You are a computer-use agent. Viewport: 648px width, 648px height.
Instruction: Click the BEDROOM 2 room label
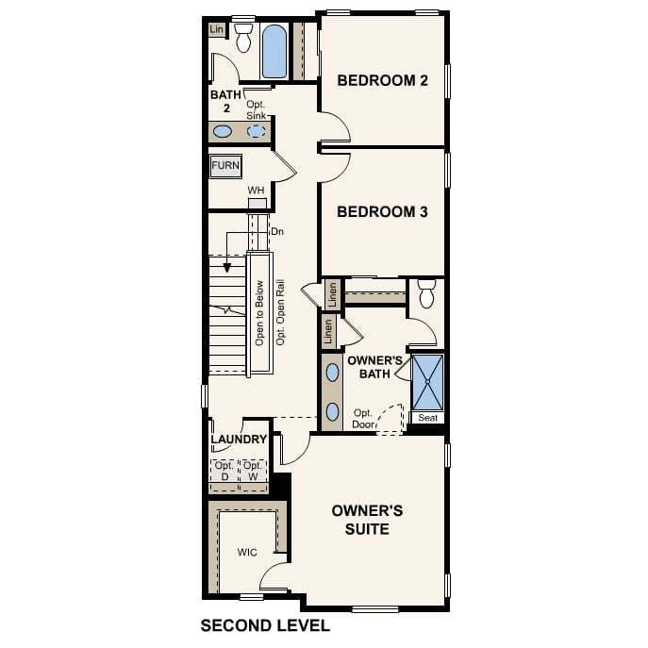coord(383,81)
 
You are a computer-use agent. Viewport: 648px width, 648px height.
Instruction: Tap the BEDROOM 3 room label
coord(383,212)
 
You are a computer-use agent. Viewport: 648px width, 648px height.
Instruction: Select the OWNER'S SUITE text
coord(367,520)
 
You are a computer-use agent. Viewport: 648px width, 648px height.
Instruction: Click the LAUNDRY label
coord(239,440)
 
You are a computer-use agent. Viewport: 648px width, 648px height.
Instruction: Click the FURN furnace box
coord(225,166)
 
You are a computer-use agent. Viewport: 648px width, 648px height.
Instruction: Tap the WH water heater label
coord(256,191)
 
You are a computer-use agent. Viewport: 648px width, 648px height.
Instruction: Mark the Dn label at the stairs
coord(276,231)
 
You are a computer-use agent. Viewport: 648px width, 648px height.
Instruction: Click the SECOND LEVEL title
coord(265,625)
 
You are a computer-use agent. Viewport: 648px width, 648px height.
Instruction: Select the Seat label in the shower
coord(427,418)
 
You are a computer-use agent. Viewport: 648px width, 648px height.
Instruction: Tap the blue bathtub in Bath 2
coord(274,52)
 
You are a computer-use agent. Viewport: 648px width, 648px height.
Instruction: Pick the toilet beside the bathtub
coord(243,39)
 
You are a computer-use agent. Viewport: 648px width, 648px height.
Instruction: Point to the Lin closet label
coord(217,30)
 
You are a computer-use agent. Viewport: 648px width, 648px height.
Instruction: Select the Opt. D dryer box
coord(224,472)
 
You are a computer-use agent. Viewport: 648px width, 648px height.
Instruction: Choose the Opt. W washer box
coord(253,472)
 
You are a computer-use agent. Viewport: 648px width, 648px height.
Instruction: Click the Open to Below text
coord(259,314)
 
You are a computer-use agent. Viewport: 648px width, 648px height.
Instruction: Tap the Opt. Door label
coord(364,419)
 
